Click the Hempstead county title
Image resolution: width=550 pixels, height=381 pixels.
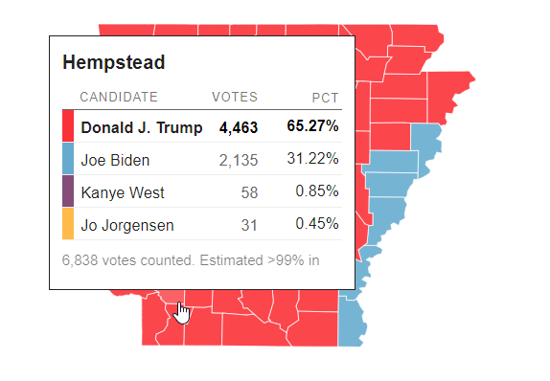(x=114, y=63)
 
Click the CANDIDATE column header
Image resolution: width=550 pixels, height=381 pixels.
(x=119, y=98)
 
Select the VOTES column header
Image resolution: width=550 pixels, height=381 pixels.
(x=235, y=98)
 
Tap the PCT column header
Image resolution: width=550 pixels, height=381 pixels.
(x=326, y=98)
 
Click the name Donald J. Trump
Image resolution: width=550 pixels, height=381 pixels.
(x=141, y=127)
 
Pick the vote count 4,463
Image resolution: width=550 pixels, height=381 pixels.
(x=239, y=127)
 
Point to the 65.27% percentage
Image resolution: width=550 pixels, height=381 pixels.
(x=312, y=126)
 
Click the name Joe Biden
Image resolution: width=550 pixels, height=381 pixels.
(x=115, y=160)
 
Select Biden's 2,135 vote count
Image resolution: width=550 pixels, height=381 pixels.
(x=239, y=160)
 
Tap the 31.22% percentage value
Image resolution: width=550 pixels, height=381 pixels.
(x=312, y=159)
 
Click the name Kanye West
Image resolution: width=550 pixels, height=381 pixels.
(x=123, y=192)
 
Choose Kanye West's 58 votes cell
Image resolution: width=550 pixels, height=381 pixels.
(x=249, y=192)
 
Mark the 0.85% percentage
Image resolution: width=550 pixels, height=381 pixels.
(x=316, y=191)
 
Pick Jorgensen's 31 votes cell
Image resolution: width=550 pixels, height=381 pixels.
(x=249, y=224)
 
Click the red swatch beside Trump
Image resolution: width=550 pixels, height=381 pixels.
(x=68, y=126)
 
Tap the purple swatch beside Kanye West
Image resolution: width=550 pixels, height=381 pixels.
(x=68, y=191)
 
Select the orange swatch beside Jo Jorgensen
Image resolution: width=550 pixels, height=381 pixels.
(x=68, y=224)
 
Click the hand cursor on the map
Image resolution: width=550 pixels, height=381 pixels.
(x=182, y=312)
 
